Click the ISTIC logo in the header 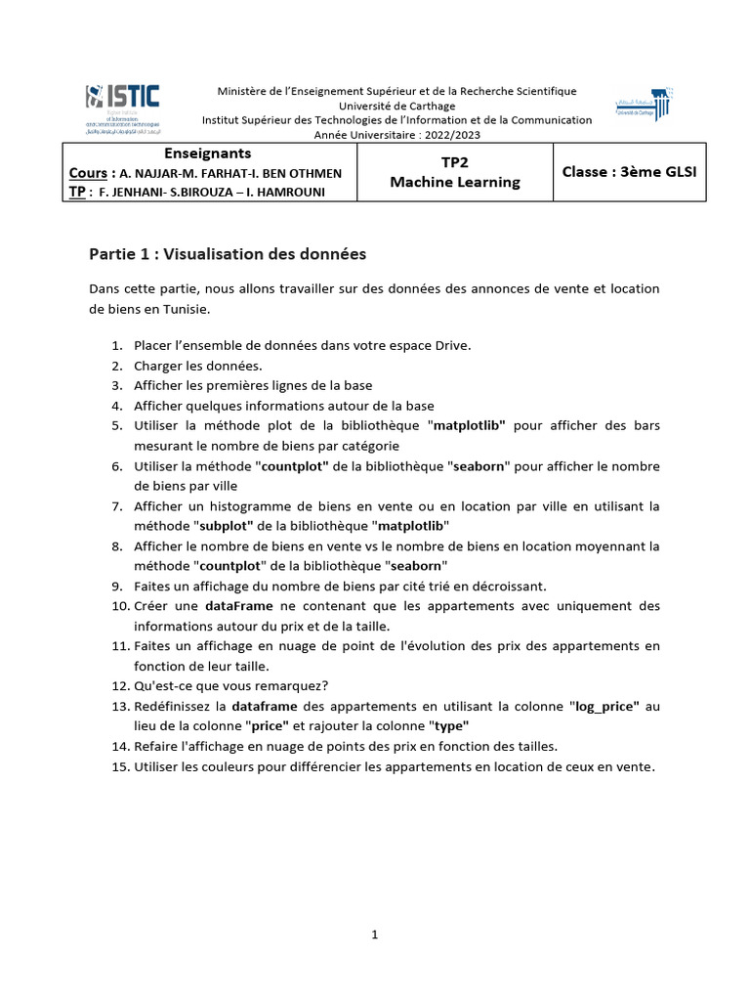[123, 105]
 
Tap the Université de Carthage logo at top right [644, 106]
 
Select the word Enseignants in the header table [208, 153]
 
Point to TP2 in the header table [455, 163]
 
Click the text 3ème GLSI [656, 172]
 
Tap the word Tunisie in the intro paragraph [184, 308]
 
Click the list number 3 [115, 385]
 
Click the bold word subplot [227, 525]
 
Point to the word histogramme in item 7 [245, 505]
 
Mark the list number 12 [116, 686]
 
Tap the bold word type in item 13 [449, 725]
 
